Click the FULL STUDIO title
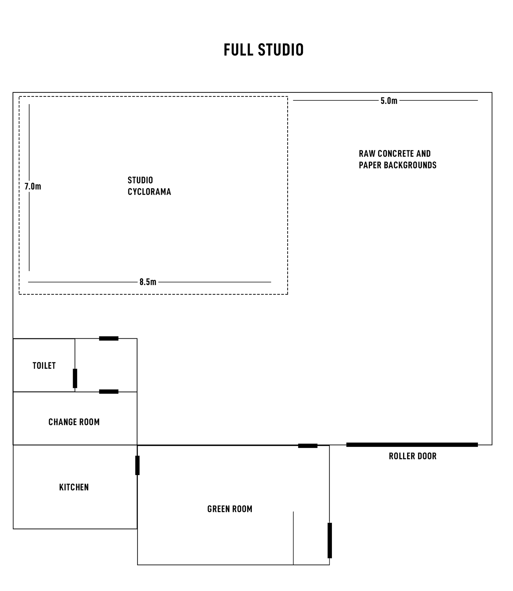pos(264,50)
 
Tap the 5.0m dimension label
pos(389,101)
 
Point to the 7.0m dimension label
pos(33,187)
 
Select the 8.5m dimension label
pos(148,282)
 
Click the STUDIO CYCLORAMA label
pos(149,186)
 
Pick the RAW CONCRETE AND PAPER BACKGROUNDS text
pos(398,159)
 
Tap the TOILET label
pos(44,366)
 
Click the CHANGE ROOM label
pos(74,422)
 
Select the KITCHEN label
pos(74,487)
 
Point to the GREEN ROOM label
pos(230,509)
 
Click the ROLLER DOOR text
pos(413,456)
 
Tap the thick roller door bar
pos(412,445)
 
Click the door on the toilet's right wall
pos(75,378)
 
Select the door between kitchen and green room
pos(137,465)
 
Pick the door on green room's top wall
pos(308,446)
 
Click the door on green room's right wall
pos(330,540)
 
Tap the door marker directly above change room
pos(109,392)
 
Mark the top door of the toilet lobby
pos(109,338)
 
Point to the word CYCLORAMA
pos(149,192)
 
